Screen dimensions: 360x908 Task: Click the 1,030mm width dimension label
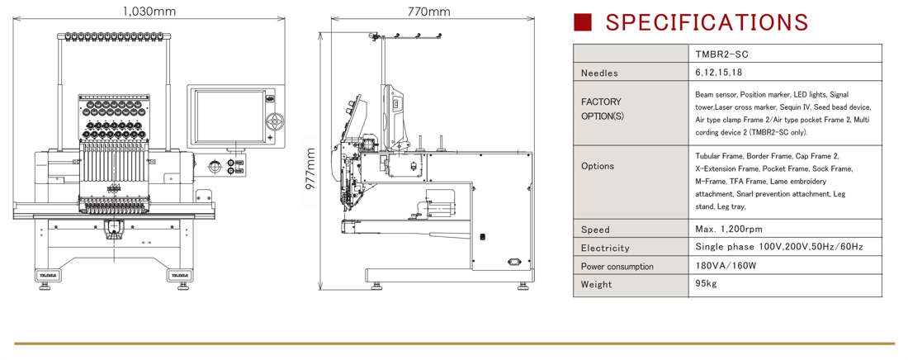pos(149,12)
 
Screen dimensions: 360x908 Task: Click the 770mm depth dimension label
pos(428,12)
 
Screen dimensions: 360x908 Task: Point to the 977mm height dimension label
pos(310,168)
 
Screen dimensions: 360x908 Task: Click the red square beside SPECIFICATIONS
pos(583,21)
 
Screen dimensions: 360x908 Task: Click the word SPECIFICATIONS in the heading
pos(707,21)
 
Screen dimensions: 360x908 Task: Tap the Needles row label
pos(599,73)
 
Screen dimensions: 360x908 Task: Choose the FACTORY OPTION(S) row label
pos(602,109)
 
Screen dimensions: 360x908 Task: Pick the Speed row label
pos(595,230)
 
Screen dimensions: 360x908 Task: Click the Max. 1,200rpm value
pos(729,230)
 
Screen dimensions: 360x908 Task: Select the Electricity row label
pos(605,248)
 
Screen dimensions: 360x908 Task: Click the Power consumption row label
pos(617,266)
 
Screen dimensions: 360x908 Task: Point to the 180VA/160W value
pos(726,266)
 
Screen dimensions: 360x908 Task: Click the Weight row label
pos(597,284)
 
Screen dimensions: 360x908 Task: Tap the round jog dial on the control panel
pos(274,121)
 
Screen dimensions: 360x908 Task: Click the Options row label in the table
pos(598,166)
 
